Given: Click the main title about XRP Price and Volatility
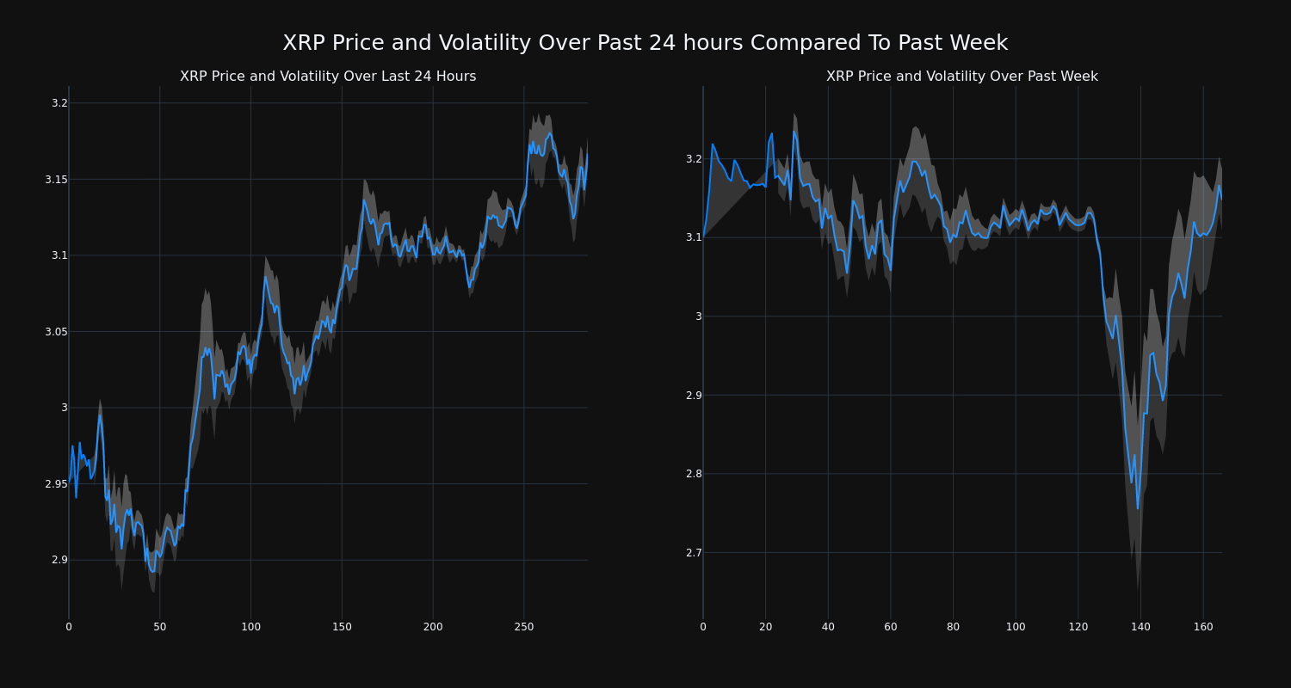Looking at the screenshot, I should [645, 43].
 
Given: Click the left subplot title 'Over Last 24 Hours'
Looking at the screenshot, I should [328, 77].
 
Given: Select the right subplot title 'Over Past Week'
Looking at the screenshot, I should [961, 77].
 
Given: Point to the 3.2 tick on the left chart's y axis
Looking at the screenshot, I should [59, 103].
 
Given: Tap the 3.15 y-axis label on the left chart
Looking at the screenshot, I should [56, 179].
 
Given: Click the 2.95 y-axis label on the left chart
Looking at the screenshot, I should [56, 483].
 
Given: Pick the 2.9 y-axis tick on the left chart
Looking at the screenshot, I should [59, 560].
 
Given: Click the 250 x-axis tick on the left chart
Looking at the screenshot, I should [523, 627].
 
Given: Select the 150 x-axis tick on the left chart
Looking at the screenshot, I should [342, 627].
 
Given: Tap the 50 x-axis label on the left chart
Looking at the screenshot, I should [160, 627].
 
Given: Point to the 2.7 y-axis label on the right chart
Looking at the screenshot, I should [693, 552].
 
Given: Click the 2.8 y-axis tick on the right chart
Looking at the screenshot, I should [693, 474].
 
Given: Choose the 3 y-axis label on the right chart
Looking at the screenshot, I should [698, 316].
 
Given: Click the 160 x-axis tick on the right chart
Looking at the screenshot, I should [1202, 627].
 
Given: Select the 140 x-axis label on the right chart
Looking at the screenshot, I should [1140, 627].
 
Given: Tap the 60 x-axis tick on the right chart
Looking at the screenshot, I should [891, 627].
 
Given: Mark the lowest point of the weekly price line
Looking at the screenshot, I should [1137, 508].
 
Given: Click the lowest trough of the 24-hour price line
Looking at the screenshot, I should [153, 571].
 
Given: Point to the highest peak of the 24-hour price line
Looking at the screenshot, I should [551, 132].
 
